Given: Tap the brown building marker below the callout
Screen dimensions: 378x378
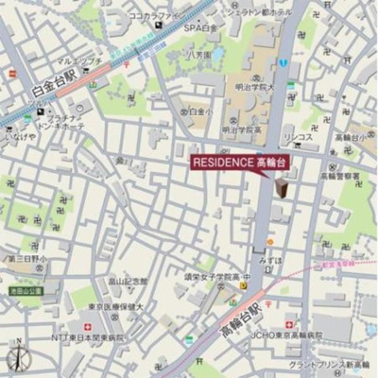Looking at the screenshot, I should point(282,188).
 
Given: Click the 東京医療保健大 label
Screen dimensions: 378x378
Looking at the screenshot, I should point(112,306).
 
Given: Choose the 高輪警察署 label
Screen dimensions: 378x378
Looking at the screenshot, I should point(339,176).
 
